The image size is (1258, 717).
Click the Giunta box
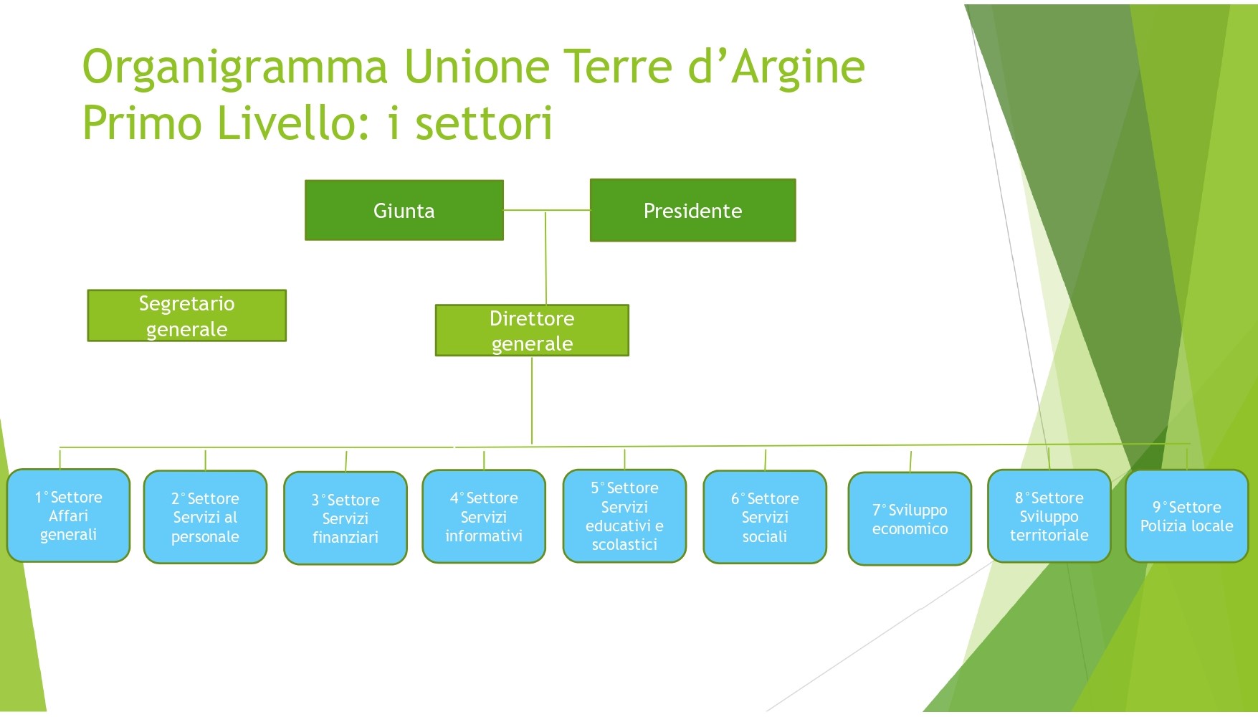pyautogui.click(x=404, y=210)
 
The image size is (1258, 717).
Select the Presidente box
pyautogui.click(x=692, y=210)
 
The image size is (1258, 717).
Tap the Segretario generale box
pyautogui.click(x=186, y=315)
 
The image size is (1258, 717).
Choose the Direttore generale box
pyautogui.click(x=532, y=331)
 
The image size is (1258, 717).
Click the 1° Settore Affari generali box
pyautogui.click(x=69, y=516)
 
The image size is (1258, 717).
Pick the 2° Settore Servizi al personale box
pyautogui.click(x=205, y=517)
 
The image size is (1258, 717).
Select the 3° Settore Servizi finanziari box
pyautogui.click(x=346, y=518)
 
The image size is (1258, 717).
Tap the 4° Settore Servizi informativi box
pyautogui.click(x=484, y=516)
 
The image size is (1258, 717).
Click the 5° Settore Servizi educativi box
pyautogui.click(x=624, y=516)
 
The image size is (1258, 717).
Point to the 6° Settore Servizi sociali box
pyautogui.click(x=765, y=517)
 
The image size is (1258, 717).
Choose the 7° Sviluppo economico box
pyautogui.click(x=910, y=519)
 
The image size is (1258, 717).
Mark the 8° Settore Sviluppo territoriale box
pyautogui.click(x=1049, y=516)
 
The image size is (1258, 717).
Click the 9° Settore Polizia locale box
pyautogui.click(x=1187, y=516)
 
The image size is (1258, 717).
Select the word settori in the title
pyautogui.click(x=485, y=123)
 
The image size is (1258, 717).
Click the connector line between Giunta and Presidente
pyautogui.click(x=547, y=210)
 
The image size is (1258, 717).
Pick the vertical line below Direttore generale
pyautogui.click(x=532, y=400)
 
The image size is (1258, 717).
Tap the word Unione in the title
pyautogui.click(x=477, y=67)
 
